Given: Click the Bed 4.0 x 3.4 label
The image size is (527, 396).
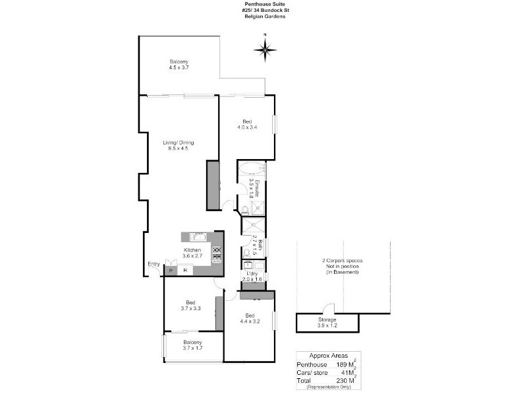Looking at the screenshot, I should coord(247,124).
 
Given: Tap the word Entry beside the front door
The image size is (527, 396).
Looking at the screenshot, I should coord(153,265).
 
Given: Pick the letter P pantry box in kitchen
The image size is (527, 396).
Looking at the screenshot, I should coord(170,271).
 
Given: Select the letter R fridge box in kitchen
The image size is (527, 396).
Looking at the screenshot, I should coord(186,271).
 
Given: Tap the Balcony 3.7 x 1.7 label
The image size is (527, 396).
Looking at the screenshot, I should coord(192,345).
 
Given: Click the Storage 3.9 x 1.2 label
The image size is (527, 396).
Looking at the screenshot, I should coord(327,323).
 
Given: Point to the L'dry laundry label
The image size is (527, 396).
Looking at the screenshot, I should coord(252,277).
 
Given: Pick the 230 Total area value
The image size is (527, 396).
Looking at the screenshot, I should coord(343,381).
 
